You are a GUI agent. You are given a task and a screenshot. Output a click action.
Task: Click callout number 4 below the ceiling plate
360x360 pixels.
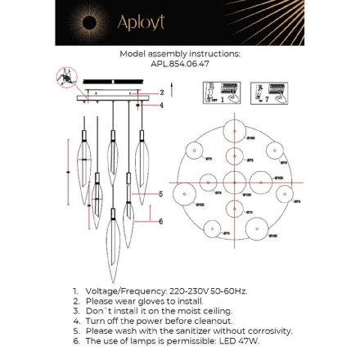[x=162, y=105]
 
